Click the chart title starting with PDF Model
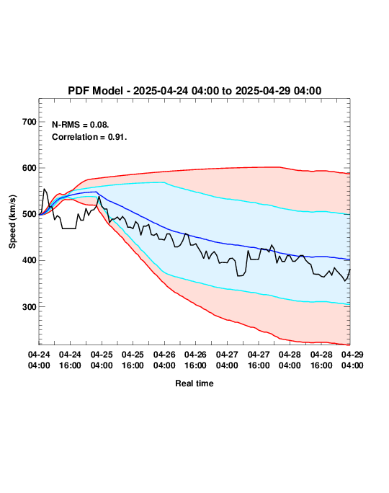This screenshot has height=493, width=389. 194,91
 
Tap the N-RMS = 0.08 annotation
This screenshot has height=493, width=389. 81,125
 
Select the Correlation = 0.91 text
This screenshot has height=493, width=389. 89,137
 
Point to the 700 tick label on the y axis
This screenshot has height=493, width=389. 30,122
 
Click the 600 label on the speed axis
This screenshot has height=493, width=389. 30,168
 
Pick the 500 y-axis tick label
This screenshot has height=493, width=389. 30,214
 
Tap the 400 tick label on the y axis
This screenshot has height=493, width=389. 30,260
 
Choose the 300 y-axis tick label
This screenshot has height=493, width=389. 30,306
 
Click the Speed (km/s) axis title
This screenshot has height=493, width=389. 12,222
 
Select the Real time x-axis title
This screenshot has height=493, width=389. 194,383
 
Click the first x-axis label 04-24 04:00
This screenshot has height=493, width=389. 39,360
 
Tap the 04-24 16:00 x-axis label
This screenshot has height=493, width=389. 70,360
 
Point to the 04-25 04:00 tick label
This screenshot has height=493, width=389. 102,360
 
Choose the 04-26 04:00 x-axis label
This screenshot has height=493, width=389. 164,360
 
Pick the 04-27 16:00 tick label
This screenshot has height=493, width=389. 259,360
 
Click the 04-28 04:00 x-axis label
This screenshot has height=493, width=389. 290,360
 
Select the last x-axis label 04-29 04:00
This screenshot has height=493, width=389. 352,360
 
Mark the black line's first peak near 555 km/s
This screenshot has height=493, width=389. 45,189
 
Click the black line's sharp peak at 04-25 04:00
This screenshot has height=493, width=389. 99,197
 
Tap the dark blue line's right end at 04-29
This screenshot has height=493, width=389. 349,259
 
